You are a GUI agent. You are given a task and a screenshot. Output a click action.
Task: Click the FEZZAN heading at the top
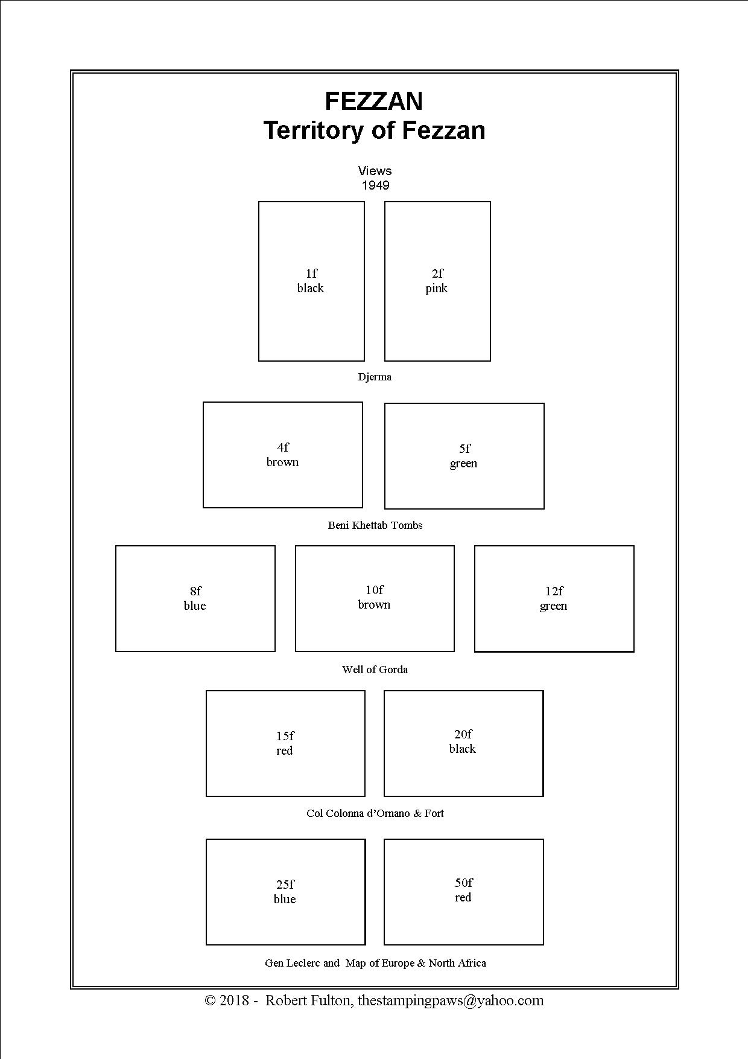(374, 101)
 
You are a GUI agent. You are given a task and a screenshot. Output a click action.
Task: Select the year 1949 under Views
(375, 185)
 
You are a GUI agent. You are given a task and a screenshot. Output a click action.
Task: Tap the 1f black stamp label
(311, 281)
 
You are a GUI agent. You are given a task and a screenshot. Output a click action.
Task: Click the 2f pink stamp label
(437, 281)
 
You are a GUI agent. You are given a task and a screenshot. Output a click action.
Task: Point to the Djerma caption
(375, 377)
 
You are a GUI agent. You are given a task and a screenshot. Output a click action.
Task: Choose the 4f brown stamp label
(282, 455)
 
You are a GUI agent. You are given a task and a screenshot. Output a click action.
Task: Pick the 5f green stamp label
(464, 456)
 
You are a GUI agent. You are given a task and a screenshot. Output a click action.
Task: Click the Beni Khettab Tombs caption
(375, 525)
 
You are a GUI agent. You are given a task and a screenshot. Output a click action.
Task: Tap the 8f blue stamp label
(195, 598)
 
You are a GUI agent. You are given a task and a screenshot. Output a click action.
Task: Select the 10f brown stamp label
(374, 597)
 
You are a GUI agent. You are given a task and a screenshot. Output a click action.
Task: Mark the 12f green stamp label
(554, 598)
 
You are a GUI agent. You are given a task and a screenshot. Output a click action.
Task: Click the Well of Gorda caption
(375, 670)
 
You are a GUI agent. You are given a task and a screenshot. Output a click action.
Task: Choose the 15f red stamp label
(285, 743)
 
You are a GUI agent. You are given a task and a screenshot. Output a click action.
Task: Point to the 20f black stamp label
(463, 741)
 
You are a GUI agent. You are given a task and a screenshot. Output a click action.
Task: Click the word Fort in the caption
(434, 813)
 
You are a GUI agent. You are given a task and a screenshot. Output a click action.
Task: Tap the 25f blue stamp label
(285, 892)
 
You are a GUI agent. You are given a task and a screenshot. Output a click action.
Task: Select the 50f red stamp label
(463, 890)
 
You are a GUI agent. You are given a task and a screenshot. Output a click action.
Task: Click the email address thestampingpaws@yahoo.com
(451, 1000)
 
